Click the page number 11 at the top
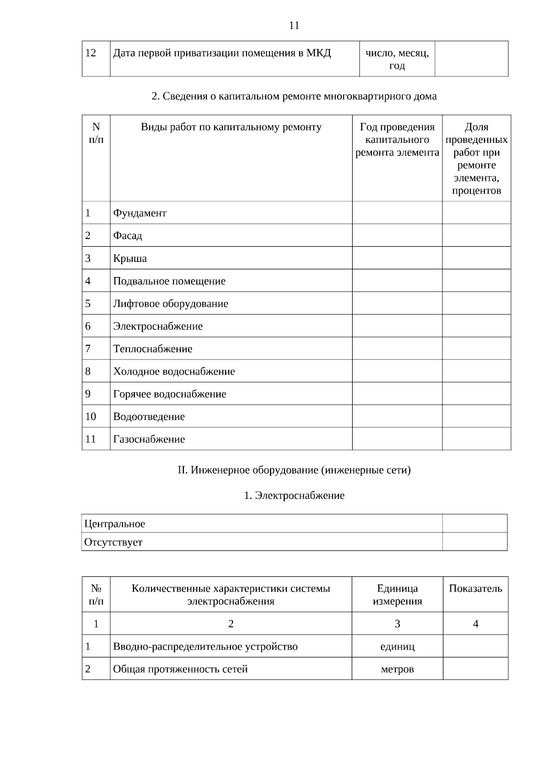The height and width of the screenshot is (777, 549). (294, 26)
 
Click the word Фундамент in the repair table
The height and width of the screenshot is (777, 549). (140, 213)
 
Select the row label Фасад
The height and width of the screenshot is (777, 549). (128, 236)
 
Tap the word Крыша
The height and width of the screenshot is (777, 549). (130, 259)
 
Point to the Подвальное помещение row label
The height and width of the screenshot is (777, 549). (169, 281)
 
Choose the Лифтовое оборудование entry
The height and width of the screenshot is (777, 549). (171, 304)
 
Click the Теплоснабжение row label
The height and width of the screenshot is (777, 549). (153, 349)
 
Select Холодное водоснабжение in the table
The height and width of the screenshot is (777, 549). (174, 371)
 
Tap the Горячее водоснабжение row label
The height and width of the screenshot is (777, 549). (170, 394)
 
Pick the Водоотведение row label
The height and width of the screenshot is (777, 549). (149, 417)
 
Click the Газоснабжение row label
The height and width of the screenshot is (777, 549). (149, 439)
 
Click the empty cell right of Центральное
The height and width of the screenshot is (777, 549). (474, 523)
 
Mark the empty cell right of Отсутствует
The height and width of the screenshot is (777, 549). (474, 542)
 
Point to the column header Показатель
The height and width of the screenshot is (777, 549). (475, 589)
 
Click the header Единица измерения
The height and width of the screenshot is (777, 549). (397, 594)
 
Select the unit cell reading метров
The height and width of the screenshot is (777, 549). (397, 669)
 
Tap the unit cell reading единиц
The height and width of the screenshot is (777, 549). (397, 647)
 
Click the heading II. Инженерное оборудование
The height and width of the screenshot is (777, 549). (294, 470)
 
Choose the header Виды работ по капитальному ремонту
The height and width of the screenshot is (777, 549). (231, 127)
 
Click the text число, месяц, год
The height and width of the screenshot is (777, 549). (397, 59)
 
